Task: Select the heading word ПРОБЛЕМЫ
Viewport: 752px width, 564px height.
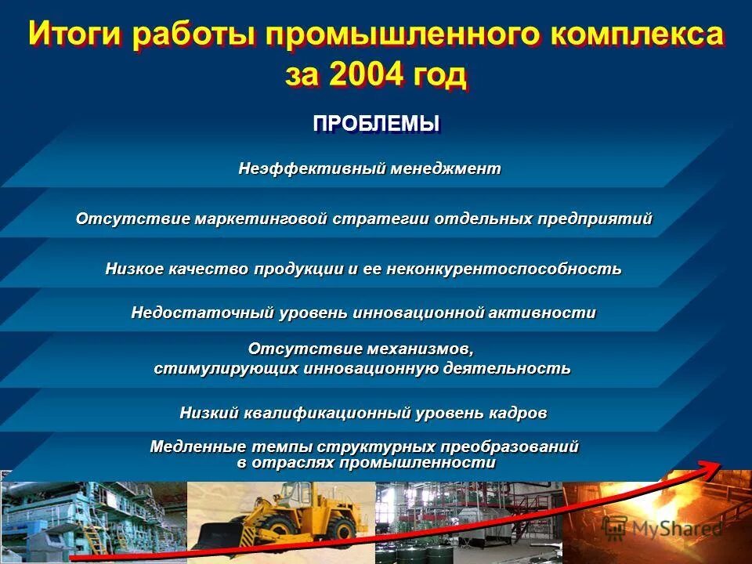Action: point(376,124)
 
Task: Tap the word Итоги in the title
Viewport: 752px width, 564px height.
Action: point(74,34)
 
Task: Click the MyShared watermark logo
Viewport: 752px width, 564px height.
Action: point(663,527)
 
